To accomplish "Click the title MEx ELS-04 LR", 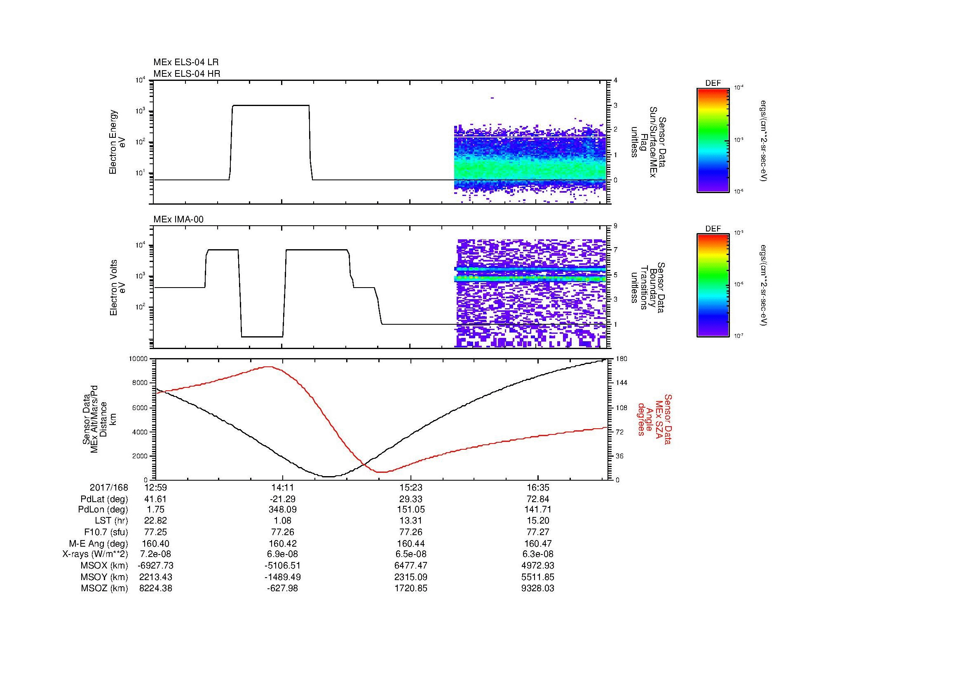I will tap(185, 62).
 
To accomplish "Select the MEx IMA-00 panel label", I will tap(178, 219).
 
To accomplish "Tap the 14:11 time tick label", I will tap(283, 487).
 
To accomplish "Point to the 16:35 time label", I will tap(538, 487).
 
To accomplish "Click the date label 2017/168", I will tap(109, 487).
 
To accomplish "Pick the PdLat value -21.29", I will tap(283, 499).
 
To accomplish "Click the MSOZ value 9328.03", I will tap(538, 588).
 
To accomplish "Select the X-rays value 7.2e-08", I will tap(155, 554).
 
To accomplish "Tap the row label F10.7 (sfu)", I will tap(106, 532).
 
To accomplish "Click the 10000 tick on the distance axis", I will tap(138, 359).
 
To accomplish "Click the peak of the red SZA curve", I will tap(269, 367).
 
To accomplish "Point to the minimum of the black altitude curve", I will tap(328, 477).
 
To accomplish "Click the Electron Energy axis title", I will tap(113, 142).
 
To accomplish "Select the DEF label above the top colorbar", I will tap(713, 83).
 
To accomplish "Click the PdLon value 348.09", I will tap(283, 510).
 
